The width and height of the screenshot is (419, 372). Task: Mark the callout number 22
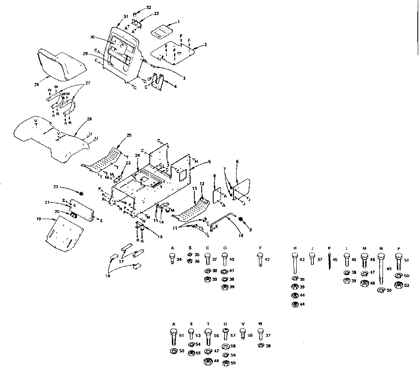click(56, 187)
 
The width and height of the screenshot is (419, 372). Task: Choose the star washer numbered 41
click(224, 271)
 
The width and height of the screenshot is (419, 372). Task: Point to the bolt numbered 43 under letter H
click(295, 263)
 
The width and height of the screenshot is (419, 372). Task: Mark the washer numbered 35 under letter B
click(190, 254)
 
